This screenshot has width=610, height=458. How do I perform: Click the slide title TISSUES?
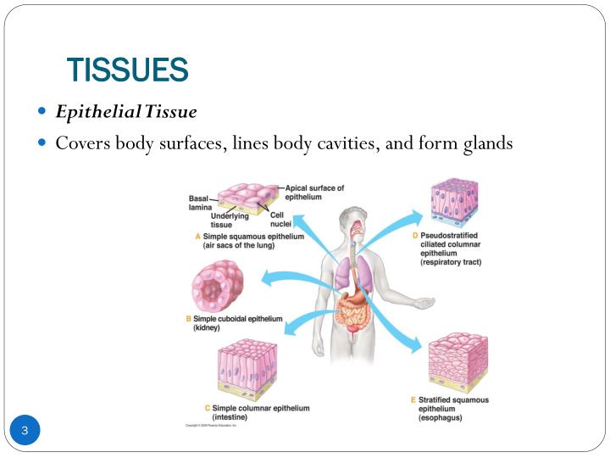point(127,70)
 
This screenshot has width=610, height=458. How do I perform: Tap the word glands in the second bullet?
point(487,142)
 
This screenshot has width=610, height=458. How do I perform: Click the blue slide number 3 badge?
point(25,432)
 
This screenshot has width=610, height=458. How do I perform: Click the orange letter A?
point(197,237)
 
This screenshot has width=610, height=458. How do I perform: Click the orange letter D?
point(415,235)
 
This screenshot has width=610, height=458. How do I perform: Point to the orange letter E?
point(413,399)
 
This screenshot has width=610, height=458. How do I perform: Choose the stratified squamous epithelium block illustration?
point(458,361)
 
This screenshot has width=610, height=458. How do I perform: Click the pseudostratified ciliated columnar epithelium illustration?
point(453,204)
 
